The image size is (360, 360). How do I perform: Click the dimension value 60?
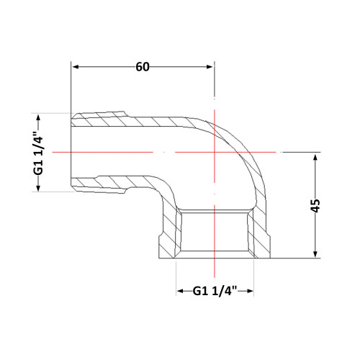point(143,67)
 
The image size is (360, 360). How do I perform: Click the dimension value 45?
point(315,206)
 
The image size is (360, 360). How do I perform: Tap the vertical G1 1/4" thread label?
point(38,153)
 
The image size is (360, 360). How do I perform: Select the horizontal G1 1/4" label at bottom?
point(215,291)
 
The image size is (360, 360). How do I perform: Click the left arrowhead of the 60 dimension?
point(76,67)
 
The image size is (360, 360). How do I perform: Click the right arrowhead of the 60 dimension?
point(210,67)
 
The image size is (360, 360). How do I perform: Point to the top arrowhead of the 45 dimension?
point(315,158)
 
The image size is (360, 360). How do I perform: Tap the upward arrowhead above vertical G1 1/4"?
point(38,118)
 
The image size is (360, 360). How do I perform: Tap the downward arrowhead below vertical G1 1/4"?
point(38,188)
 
